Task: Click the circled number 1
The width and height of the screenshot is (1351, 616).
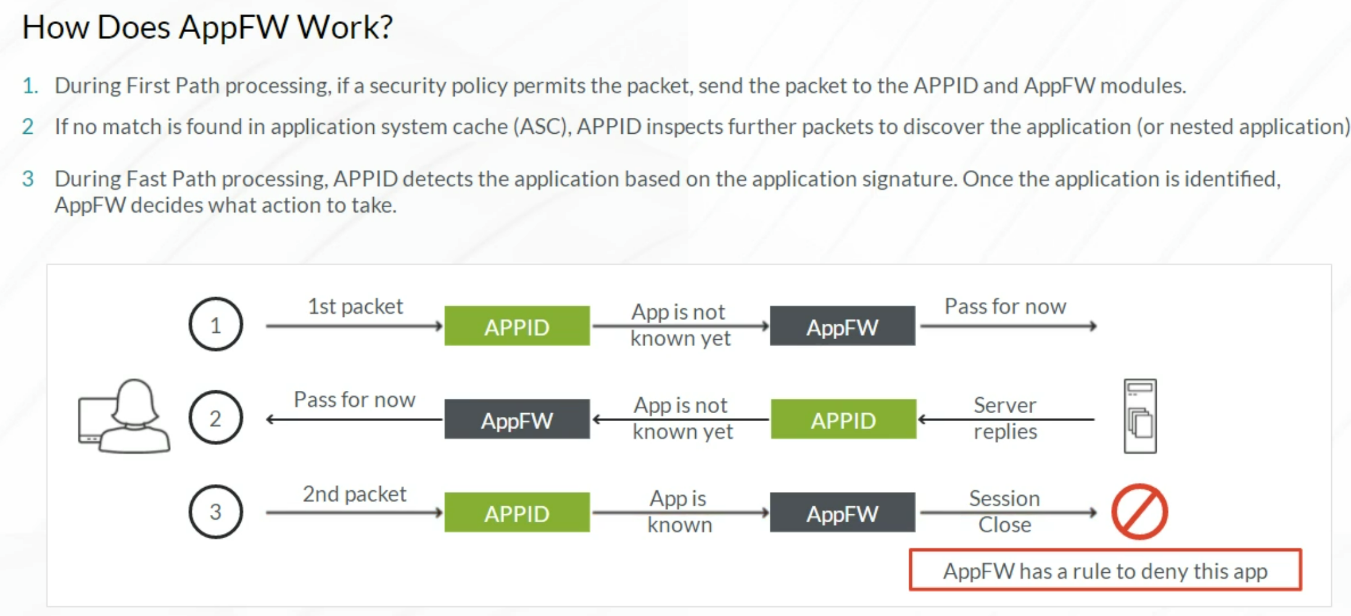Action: click(x=215, y=324)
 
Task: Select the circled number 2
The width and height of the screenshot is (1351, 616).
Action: click(x=215, y=418)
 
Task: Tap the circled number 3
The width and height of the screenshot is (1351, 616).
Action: click(x=215, y=512)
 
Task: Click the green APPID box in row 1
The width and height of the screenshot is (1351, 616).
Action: click(x=517, y=326)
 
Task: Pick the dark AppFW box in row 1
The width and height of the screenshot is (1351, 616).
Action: click(x=842, y=326)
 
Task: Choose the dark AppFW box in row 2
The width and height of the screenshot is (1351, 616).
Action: click(x=517, y=419)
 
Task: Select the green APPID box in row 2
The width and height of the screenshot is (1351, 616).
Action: click(x=843, y=419)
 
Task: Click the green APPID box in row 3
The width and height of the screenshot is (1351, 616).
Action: click(x=517, y=512)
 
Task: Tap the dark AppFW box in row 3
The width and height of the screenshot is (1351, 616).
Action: click(x=842, y=512)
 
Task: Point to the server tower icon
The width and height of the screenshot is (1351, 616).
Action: click(x=1140, y=416)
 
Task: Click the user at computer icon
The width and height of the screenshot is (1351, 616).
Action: click(x=124, y=416)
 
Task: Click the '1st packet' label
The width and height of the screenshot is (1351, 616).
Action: click(x=355, y=306)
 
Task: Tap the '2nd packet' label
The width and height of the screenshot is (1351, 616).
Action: click(x=355, y=494)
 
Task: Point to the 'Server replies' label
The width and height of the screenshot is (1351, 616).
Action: click(x=1005, y=418)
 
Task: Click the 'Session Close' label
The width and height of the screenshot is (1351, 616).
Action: click(x=1004, y=511)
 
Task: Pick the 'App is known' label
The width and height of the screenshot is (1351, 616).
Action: click(x=679, y=511)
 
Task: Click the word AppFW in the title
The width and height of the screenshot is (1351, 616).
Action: click(x=234, y=28)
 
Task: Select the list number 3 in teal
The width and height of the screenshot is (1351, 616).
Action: click(x=28, y=179)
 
